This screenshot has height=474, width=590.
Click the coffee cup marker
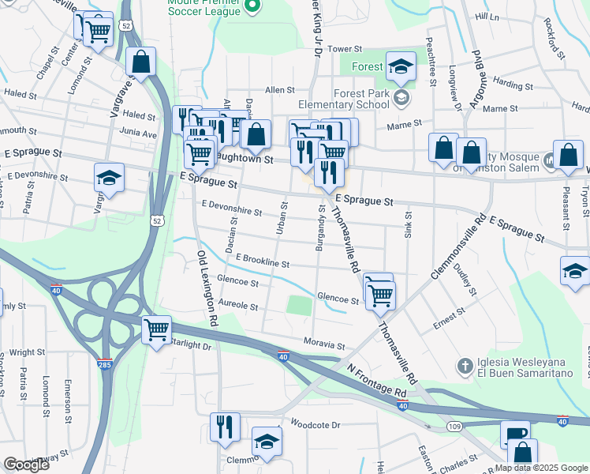[515, 435]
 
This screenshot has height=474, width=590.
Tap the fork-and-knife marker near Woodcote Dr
[226, 427]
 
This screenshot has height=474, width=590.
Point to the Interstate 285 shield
[106, 365]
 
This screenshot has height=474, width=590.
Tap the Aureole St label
[238, 303]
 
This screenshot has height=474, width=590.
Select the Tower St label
[344, 49]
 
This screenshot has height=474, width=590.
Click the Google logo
[26, 465]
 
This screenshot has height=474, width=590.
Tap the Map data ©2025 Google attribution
[541, 468]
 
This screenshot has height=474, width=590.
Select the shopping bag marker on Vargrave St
[140, 62]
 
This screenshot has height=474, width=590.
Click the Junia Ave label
[139, 134]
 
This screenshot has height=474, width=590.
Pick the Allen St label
[279, 90]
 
